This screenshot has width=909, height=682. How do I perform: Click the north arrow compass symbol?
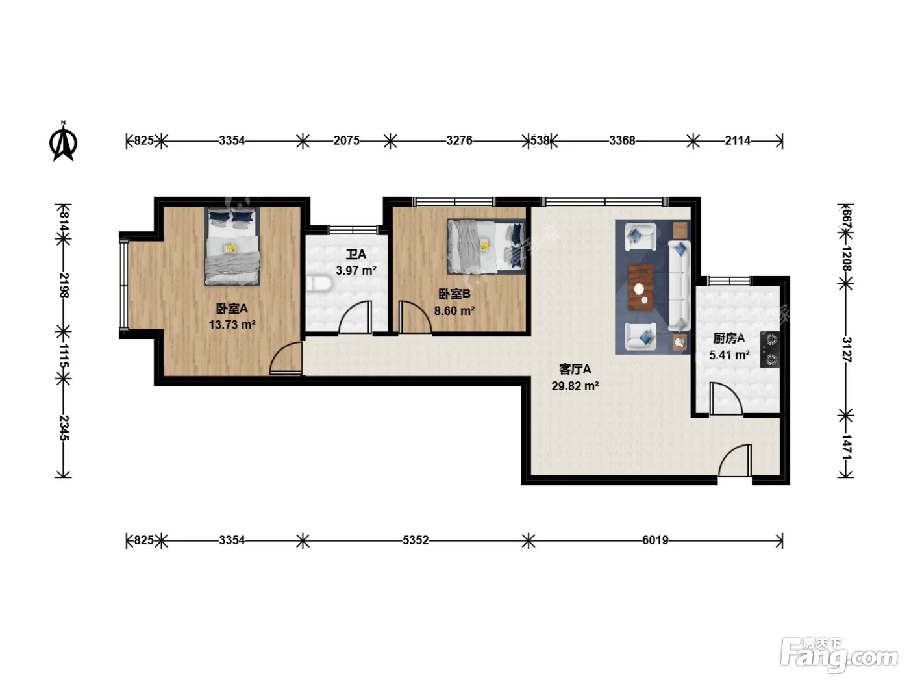(63, 142)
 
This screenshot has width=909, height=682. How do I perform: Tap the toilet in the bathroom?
(319, 284)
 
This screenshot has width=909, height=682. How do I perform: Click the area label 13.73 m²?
(232, 325)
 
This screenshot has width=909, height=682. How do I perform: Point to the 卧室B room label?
(454, 294)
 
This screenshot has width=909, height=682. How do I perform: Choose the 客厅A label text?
(575, 370)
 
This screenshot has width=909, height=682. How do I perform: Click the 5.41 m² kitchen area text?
(729, 355)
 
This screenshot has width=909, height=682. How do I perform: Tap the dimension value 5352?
(416, 540)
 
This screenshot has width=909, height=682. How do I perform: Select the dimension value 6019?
(655, 540)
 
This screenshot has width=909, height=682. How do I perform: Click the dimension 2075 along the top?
(346, 141)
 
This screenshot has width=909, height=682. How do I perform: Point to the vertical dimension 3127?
(847, 350)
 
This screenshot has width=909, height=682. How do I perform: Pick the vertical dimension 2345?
(64, 428)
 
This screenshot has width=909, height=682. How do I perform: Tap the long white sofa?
(680, 285)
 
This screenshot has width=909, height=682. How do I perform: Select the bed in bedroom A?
(232, 246)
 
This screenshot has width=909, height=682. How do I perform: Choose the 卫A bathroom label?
(356, 254)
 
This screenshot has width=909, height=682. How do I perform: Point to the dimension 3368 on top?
(622, 141)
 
